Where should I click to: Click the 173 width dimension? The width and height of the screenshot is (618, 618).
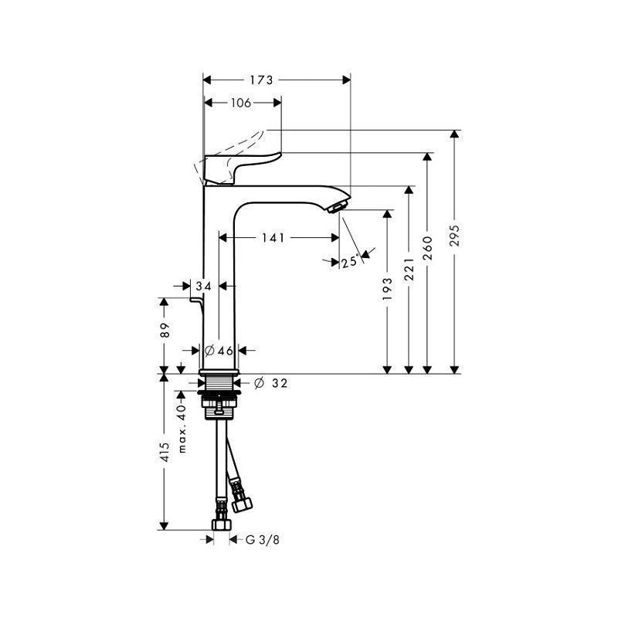pos(261,80)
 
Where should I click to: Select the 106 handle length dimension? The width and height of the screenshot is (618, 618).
pos(241,103)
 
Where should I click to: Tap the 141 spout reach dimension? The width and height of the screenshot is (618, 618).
pos(273,238)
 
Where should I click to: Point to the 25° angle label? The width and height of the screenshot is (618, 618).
pos(351,262)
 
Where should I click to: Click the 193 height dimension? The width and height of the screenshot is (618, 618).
pos(388,289)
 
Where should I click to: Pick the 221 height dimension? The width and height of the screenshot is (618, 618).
pos(409,270)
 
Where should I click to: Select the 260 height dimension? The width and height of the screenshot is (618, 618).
pos(427,248)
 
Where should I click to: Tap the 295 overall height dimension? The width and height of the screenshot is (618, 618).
pos(455,236)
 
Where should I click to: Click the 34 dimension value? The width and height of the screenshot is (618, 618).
pos(204,286)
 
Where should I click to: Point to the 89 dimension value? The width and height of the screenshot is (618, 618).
pos(165,331)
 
